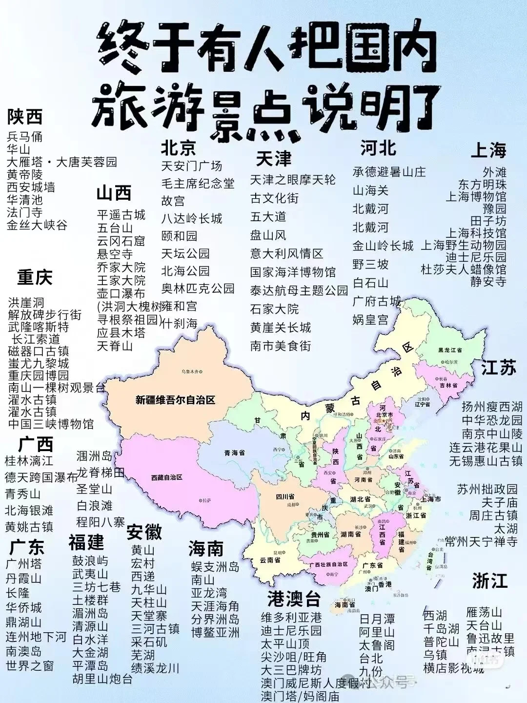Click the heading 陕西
click(x=25, y=117)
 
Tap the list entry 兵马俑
click(x=25, y=136)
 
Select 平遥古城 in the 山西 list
click(x=121, y=215)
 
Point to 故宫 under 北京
click(x=173, y=201)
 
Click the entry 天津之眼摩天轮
click(x=293, y=180)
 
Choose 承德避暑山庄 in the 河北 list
click(x=389, y=172)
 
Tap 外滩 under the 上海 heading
click(x=494, y=172)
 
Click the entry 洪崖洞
click(x=26, y=303)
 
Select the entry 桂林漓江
click(x=29, y=460)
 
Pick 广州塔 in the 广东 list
click(x=24, y=564)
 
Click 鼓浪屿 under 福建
click(x=90, y=561)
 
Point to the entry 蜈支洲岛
click(x=215, y=567)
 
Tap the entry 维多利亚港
click(x=291, y=618)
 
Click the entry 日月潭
click(x=377, y=619)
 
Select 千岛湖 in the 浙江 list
click(x=441, y=629)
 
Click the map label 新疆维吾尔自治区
click(x=175, y=400)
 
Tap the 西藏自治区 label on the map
click(x=166, y=477)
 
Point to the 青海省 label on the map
click(x=235, y=453)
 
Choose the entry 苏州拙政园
click(x=487, y=489)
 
